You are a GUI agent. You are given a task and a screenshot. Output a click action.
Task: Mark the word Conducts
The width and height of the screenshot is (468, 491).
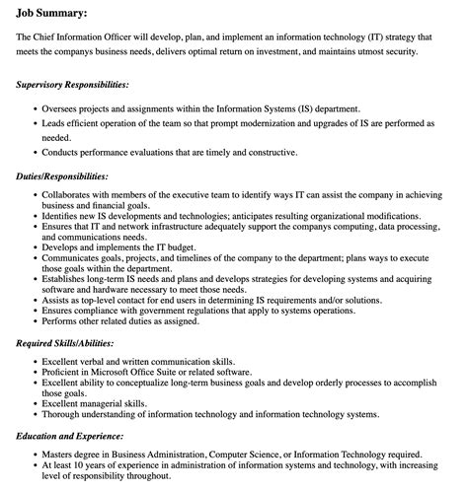point(62,153)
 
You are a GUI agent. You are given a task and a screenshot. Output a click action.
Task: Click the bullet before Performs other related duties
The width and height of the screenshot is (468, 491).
point(36,320)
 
